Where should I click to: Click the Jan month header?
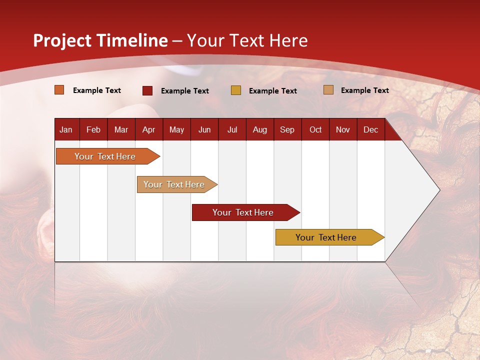tap(66, 129)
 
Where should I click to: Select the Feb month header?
tap(93, 129)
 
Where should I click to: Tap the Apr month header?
tap(148, 129)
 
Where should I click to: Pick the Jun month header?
tap(204, 129)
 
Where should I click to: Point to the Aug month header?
tap(259, 129)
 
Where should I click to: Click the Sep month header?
tap(287, 129)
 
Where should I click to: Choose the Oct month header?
tap(315, 129)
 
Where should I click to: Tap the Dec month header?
tap(370, 129)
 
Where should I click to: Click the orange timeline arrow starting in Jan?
tap(105, 156)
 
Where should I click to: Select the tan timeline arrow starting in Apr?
tap(174, 184)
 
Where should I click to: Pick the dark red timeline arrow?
tap(243, 212)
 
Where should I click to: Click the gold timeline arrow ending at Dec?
tap(326, 237)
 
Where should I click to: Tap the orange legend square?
tap(59, 90)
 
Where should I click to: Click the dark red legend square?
tap(147, 90)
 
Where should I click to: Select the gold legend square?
tap(236, 90)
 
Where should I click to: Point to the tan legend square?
tap(328, 90)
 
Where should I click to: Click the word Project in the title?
tap(62, 40)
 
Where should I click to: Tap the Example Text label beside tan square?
tap(364, 90)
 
